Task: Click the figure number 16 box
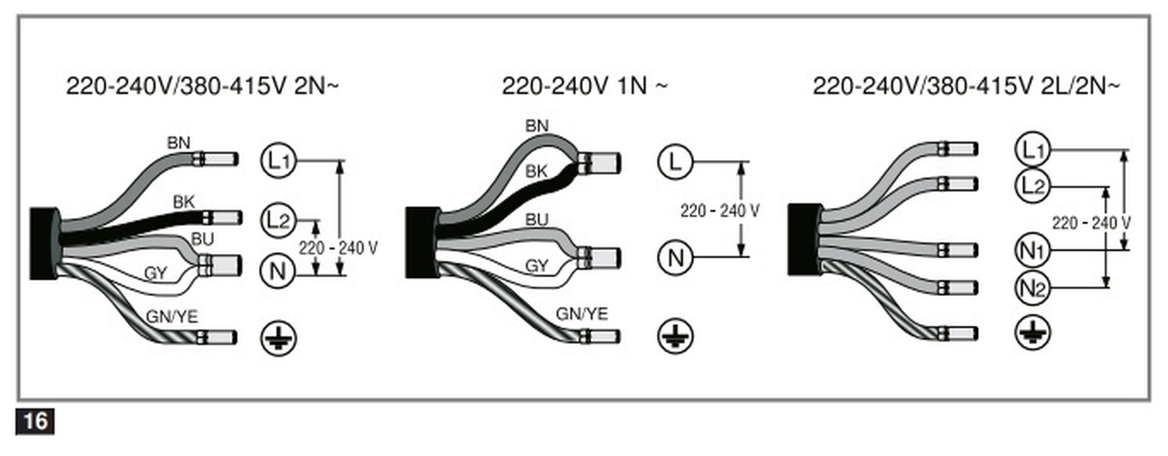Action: pos(35,421)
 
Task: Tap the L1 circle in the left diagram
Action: pos(277,160)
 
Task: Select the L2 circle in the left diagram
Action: pos(277,219)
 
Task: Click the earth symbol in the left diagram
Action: pos(278,338)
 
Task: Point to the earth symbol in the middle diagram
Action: pos(675,335)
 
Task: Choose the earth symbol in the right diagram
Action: pos(1033,333)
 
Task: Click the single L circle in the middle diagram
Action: pos(675,161)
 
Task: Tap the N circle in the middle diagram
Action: pos(675,257)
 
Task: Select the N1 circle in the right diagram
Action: pos(1032,251)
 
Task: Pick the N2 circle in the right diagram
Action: pos(1032,288)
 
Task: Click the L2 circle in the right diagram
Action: pos(1032,186)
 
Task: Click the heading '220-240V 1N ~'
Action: pos(584,86)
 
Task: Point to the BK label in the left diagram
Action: pos(183,201)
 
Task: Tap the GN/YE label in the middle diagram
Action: pos(582,313)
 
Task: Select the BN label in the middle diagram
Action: pos(537,125)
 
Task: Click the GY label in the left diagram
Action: pos(155,273)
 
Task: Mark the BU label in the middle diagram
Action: pos(537,219)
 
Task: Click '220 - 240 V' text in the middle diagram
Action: pos(719,211)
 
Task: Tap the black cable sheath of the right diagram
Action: pos(803,239)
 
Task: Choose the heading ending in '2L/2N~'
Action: pos(966,86)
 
